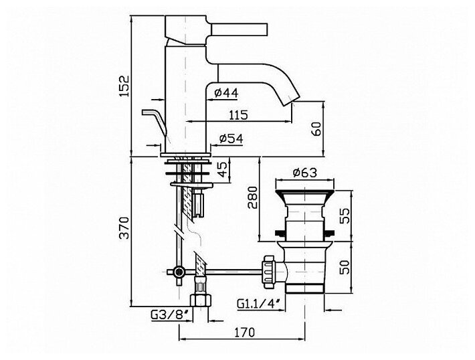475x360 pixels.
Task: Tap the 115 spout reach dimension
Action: point(237,114)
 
